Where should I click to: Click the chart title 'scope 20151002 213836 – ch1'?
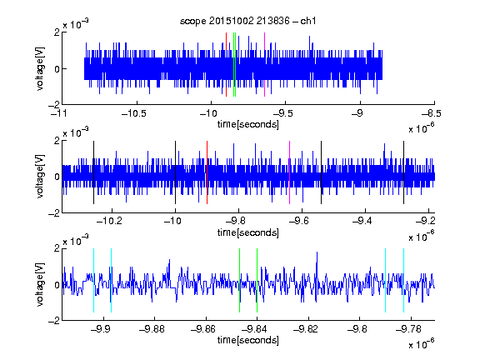247,21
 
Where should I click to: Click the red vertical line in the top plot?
226,65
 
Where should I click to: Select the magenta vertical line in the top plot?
264,65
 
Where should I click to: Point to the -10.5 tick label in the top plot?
134,113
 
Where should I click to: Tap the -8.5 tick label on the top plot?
431,113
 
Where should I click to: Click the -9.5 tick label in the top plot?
282,113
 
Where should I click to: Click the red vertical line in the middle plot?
207,172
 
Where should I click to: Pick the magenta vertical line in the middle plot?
290,172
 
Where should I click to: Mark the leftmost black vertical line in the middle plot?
93,172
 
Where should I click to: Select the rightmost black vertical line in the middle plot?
403,172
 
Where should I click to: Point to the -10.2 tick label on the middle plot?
109,221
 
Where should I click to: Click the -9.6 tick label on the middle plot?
299,221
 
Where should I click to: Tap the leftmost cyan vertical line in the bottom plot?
93,280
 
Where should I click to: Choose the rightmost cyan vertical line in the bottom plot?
403,280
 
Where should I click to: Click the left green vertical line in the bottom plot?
239,280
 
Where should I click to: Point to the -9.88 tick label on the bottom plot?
152,329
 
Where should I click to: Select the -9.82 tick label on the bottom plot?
306,329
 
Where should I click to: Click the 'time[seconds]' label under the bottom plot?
248,340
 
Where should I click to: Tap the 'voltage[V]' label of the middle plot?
40,177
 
